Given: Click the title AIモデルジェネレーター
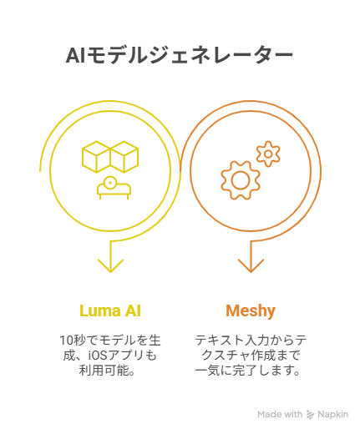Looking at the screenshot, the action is point(180,56).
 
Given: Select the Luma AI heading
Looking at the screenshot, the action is point(110,310).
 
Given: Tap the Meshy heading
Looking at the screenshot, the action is point(251,311).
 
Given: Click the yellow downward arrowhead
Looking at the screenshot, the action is point(110,265).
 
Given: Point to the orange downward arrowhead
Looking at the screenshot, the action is point(251,265).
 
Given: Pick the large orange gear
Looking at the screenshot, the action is point(241,180).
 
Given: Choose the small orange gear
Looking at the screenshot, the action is point(268,154).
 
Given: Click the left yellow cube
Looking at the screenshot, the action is point(96,157).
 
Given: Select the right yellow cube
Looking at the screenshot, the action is point(124,157).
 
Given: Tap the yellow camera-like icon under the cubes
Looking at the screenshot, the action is point(114,188).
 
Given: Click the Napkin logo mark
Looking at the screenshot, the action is point(310,415).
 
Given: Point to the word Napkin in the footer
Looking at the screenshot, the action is point(332,414).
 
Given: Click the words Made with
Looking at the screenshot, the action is point(280,414).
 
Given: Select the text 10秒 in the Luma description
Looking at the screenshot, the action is point(74,341).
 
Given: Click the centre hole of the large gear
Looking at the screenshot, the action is point(241,180).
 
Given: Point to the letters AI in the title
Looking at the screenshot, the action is point(75,56).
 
